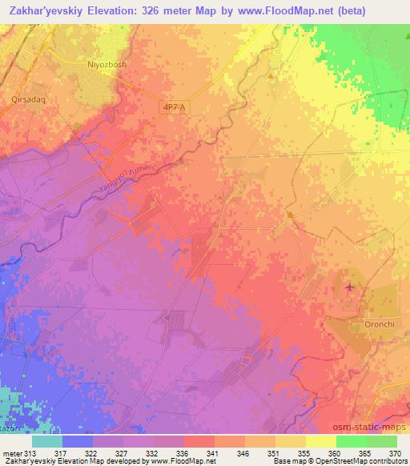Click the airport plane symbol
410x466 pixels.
pos(349,286)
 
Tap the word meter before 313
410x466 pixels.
pos(14,452)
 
